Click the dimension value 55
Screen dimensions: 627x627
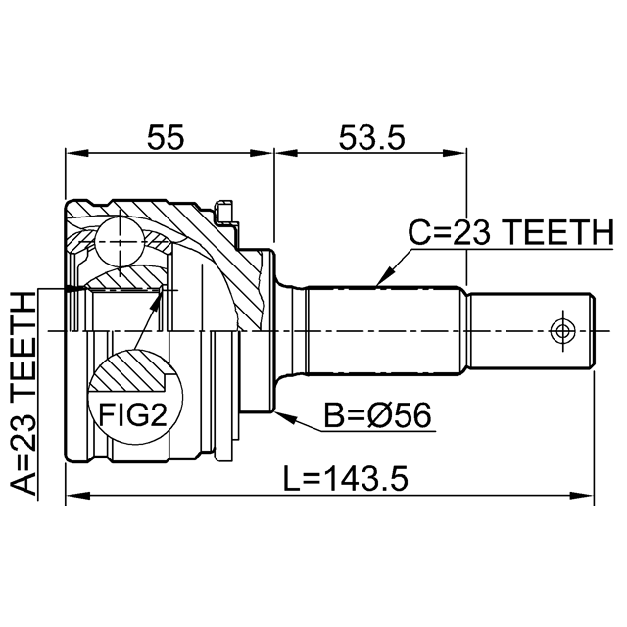(x=166, y=137)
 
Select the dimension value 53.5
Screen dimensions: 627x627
(x=372, y=137)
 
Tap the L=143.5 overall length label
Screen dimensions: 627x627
(x=346, y=479)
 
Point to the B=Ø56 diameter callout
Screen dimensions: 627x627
(x=377, y=414)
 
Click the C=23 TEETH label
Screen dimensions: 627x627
(x=510, y=232)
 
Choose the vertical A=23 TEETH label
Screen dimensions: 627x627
(x=24, y=393)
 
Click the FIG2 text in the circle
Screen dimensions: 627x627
(x=133, y=414)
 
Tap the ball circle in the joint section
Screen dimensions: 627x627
(x=120, y=242)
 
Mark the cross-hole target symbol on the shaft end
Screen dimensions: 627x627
(x=563, y=331)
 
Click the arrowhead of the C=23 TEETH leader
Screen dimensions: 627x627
(x=384, y=277)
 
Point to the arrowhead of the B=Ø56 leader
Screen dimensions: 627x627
(x=286, y=417)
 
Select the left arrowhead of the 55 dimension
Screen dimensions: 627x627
(x=76, y=153)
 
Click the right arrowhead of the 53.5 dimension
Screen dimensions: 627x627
(x=455, y=153)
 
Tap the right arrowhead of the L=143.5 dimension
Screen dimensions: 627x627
(x=582, y=496)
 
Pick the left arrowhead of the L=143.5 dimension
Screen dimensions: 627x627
(x=77, y=496)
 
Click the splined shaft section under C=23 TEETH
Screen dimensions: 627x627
(x=382, y=331)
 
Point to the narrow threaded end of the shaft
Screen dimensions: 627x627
(x=531, y=331)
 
